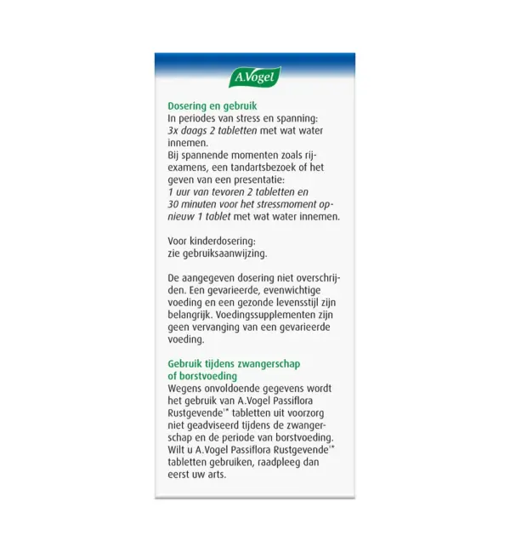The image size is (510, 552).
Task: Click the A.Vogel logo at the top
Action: coord(254,77)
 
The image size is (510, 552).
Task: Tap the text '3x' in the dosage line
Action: coord(173,132)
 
